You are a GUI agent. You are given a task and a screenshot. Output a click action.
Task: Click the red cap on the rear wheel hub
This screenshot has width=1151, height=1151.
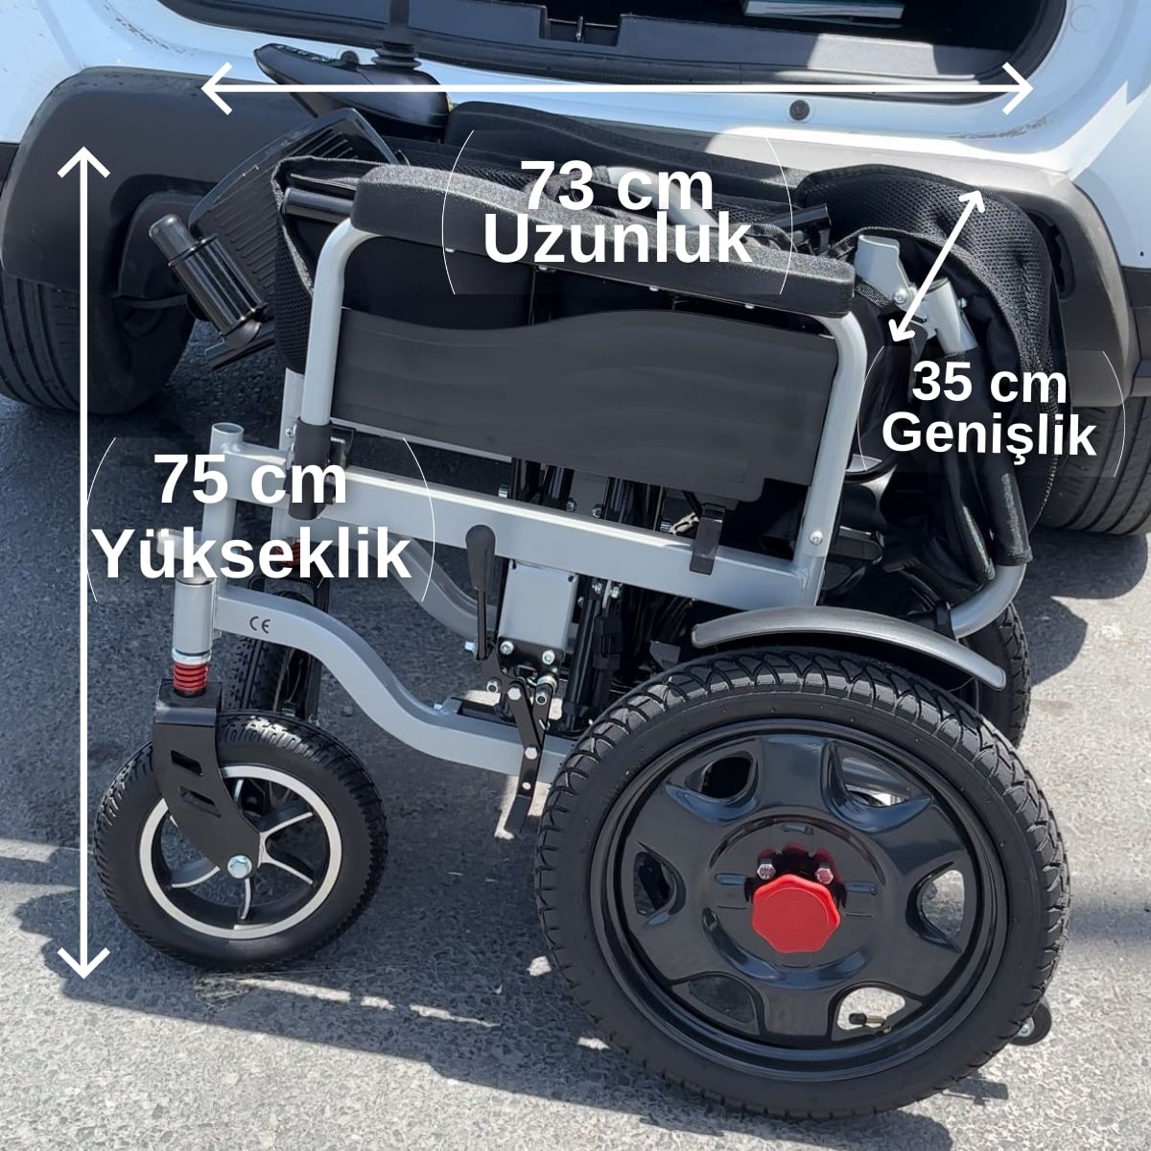point(795,913)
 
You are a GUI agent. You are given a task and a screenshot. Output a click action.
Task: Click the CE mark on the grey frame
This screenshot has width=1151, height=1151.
point(260,626)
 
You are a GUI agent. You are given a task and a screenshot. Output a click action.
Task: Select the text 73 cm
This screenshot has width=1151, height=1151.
point(617,186)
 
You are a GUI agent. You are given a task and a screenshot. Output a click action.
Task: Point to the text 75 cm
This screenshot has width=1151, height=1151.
point(252,480)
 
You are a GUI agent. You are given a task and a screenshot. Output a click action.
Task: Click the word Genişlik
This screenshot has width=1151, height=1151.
point(989,436)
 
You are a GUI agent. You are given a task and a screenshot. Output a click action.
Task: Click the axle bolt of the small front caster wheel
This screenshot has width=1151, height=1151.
point(240,865)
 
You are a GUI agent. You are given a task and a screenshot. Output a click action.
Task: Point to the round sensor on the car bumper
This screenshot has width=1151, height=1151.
point(799,110)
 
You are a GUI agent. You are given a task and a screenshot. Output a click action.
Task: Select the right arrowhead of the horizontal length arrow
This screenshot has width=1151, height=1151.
point(1018,88)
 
